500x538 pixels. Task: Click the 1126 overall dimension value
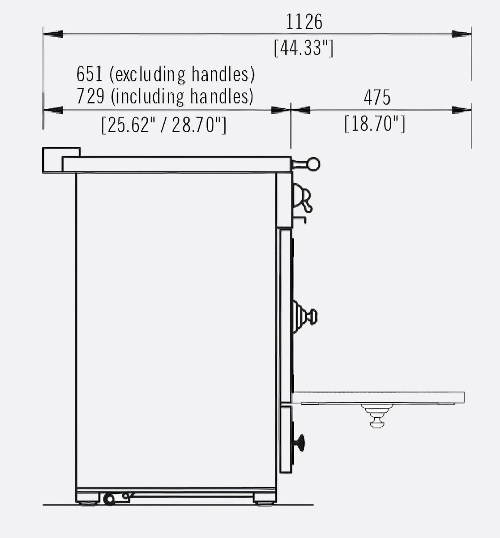[304, 22]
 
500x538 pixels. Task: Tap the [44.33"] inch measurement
[304, 48]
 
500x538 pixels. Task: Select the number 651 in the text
[90, 74]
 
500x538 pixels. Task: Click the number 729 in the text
[90, 96]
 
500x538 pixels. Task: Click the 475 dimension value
[377, 97]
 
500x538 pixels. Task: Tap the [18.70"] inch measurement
[375, 123]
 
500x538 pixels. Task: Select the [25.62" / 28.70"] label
[164, 125]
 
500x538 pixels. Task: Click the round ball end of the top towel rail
[314, 164]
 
